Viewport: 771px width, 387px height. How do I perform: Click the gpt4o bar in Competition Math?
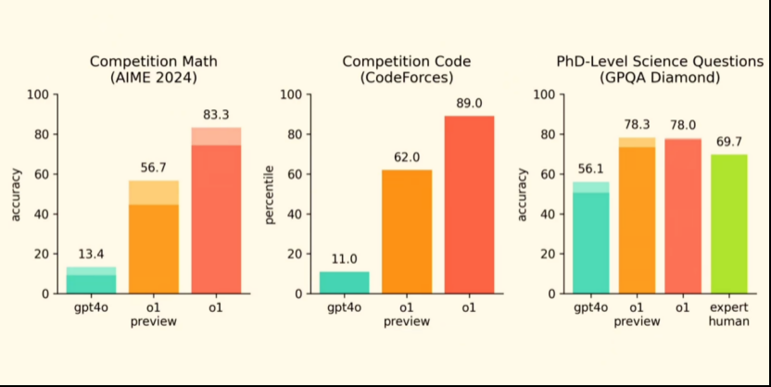pyautogui.click(x=91, y=280)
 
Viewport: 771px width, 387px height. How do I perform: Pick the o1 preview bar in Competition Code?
pyautogui.click(x=408, y=231)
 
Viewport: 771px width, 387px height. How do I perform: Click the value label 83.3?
pyautogui.click(x=216, y=115)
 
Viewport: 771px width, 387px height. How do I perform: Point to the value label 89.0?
pyautogui.click(x=470, y=104)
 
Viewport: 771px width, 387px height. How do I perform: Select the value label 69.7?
pyautogui.click(x=729, y=142)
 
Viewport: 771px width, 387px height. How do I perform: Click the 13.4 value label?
pyautogui.click(x=91, y=255)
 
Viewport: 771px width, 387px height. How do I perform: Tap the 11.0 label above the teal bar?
pyautogui.click(x=344, y=260)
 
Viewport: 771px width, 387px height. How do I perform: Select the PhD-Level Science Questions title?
pyautogui.click(x=661, y=61)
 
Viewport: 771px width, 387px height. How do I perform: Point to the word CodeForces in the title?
pyautogui.click(x=407, y=79)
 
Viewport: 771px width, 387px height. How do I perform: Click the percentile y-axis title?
pyautogui.click(x=269, y=193)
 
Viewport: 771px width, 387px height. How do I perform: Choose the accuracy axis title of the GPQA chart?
pyautogui.click(x=523, y=193)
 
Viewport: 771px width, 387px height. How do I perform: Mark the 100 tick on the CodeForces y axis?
pyautogui.click(x=291, y=94)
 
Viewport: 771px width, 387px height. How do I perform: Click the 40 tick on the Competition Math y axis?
pyautogui.click(x=42, y=214)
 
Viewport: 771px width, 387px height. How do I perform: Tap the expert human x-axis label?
pyautogui.click(x=729, y=314)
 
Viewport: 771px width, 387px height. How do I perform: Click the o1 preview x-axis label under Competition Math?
pyautogui.click(x=154, y=314)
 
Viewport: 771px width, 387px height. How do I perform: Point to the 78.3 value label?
pyautogui.click(x=638, y=125)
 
